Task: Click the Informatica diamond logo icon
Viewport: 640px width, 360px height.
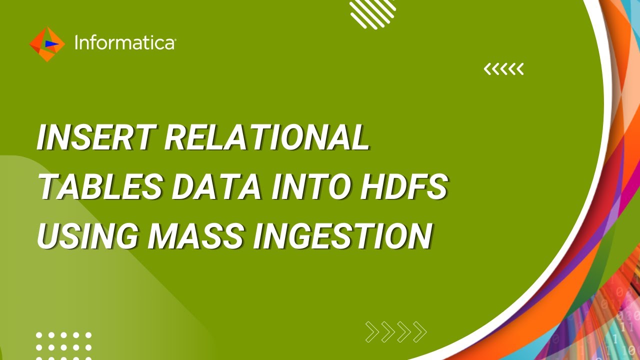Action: (x=47, y=44)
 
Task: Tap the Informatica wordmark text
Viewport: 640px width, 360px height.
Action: (x=124, y=43)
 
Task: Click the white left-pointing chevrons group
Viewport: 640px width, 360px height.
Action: (x=503, y=69)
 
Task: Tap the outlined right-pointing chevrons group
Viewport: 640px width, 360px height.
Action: (x=396, y=331)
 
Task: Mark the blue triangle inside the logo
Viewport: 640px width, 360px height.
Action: (x=50, y=44)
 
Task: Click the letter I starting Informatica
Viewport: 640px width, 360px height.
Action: (x=76, y=43)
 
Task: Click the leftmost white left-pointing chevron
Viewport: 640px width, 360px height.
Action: (x=487, y=69)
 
